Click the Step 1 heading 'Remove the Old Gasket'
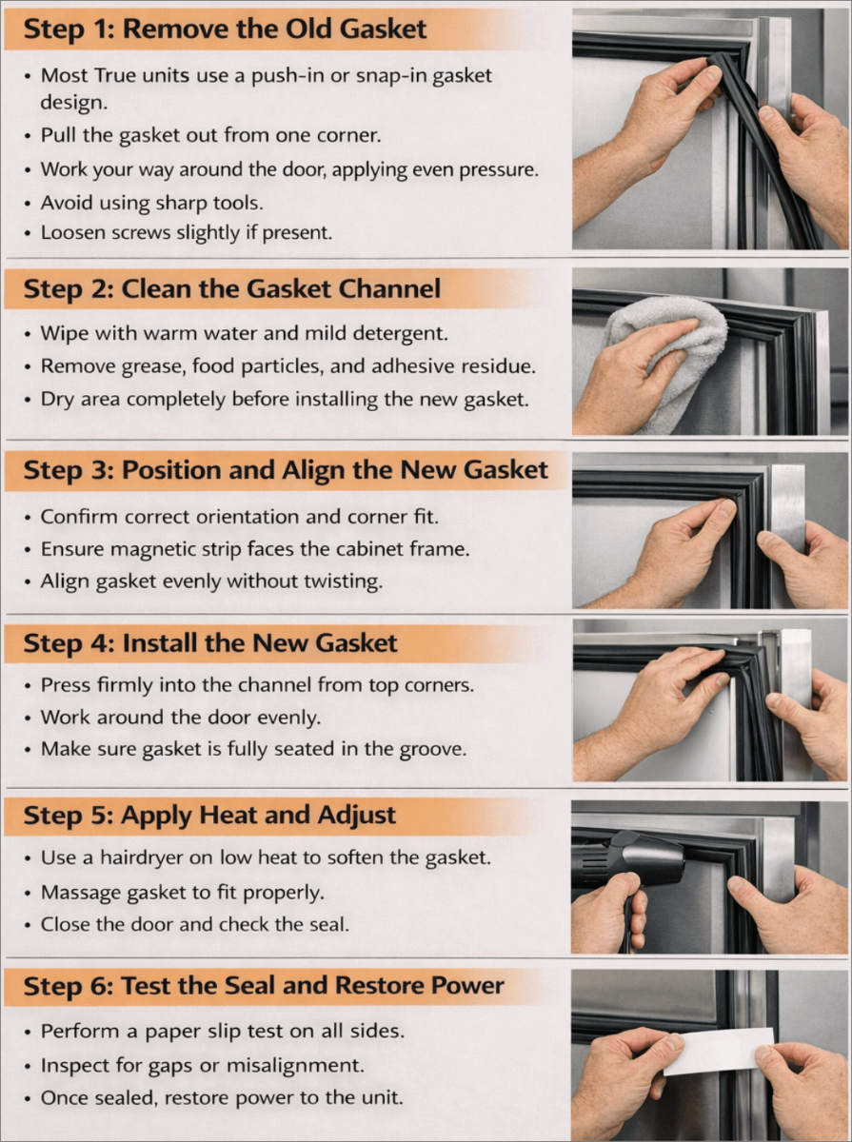(274, 29)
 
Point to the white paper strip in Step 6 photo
(717, 1050)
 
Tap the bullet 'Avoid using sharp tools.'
(152, 203)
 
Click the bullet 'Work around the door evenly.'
(181, 718)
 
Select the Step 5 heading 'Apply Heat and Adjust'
(259, 816)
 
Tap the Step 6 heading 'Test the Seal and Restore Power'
(312, 986)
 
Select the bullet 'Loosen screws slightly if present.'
(187, 232)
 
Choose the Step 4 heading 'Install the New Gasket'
(260, 643)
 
